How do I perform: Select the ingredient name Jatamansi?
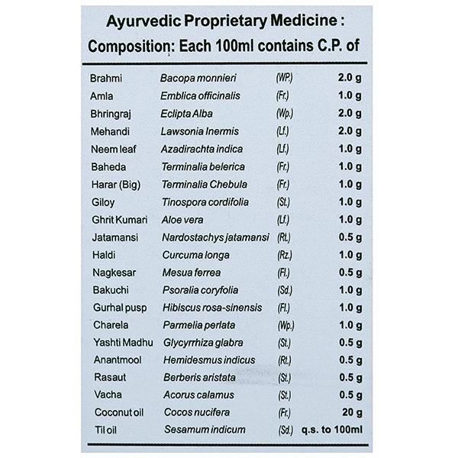(112, 237)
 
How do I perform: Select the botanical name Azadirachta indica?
(201, 149)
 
